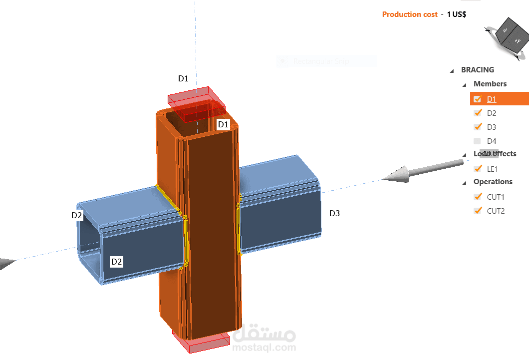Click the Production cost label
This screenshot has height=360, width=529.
pyautogui.click(x=410, y=14)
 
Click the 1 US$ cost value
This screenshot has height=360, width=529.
pyautogui.click(x=457, y=14)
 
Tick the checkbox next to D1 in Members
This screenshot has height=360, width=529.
pyautogui.click(x=477, y=99)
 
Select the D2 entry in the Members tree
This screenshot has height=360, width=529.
pyautogui.click(x=492, y=113)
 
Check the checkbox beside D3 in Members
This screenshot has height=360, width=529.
pyautogui.click(x=477, y=127)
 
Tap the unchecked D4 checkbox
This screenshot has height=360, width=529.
pyautogui.click(x=477, y=141)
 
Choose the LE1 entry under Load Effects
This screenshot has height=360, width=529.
pyautogui.click(x=493, y=169)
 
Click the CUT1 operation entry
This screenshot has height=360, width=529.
pyautogui.click(x=496, y=197)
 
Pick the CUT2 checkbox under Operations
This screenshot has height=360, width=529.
pyautogui.click(x=477, y=211)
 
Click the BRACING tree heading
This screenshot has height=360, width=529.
pyautogui.click(x=478, y=70)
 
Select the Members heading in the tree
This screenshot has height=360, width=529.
pyautogui.click(x=490, y=84)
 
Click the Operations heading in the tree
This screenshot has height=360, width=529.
pyautogui.click(x=493, y=182)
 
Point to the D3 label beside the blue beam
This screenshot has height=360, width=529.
pyautogui.click(x=334, y=213)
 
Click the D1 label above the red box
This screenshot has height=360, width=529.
pyautogui.click(x=184, y=78)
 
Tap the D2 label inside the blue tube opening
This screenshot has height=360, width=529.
pyautogui.click(x=117, y=261)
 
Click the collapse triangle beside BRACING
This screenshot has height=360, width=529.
pyautogui.click(x=452, y=70)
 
